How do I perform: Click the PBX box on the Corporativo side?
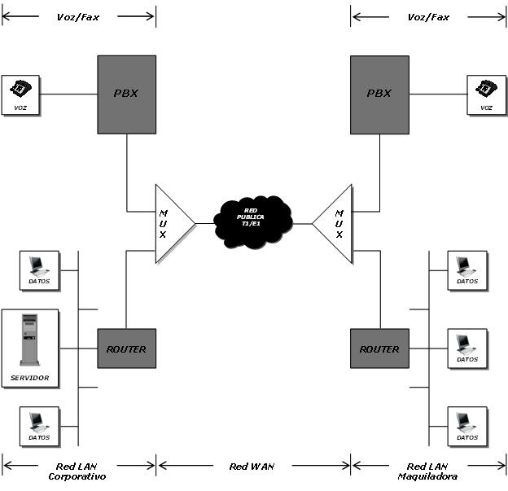coord(126,94)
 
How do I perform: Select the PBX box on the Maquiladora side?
coord(379,94)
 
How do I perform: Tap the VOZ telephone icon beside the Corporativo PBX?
coord(20,94)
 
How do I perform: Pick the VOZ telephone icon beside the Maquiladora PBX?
coord(486,94)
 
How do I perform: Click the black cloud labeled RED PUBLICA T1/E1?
coord(253,220)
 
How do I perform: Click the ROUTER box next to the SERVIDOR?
coord(126,349)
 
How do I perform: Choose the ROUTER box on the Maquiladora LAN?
coord(379,349)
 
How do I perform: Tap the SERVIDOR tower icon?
coord(30,346)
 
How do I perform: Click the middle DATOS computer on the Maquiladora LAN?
coord(467,349)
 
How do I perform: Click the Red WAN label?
coord(252,467)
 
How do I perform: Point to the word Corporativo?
coord(77,476)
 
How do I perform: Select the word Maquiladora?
coord(427,476)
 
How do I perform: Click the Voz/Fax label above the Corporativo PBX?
coord(78,17)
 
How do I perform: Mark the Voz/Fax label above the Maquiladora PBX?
coord(428,17)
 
